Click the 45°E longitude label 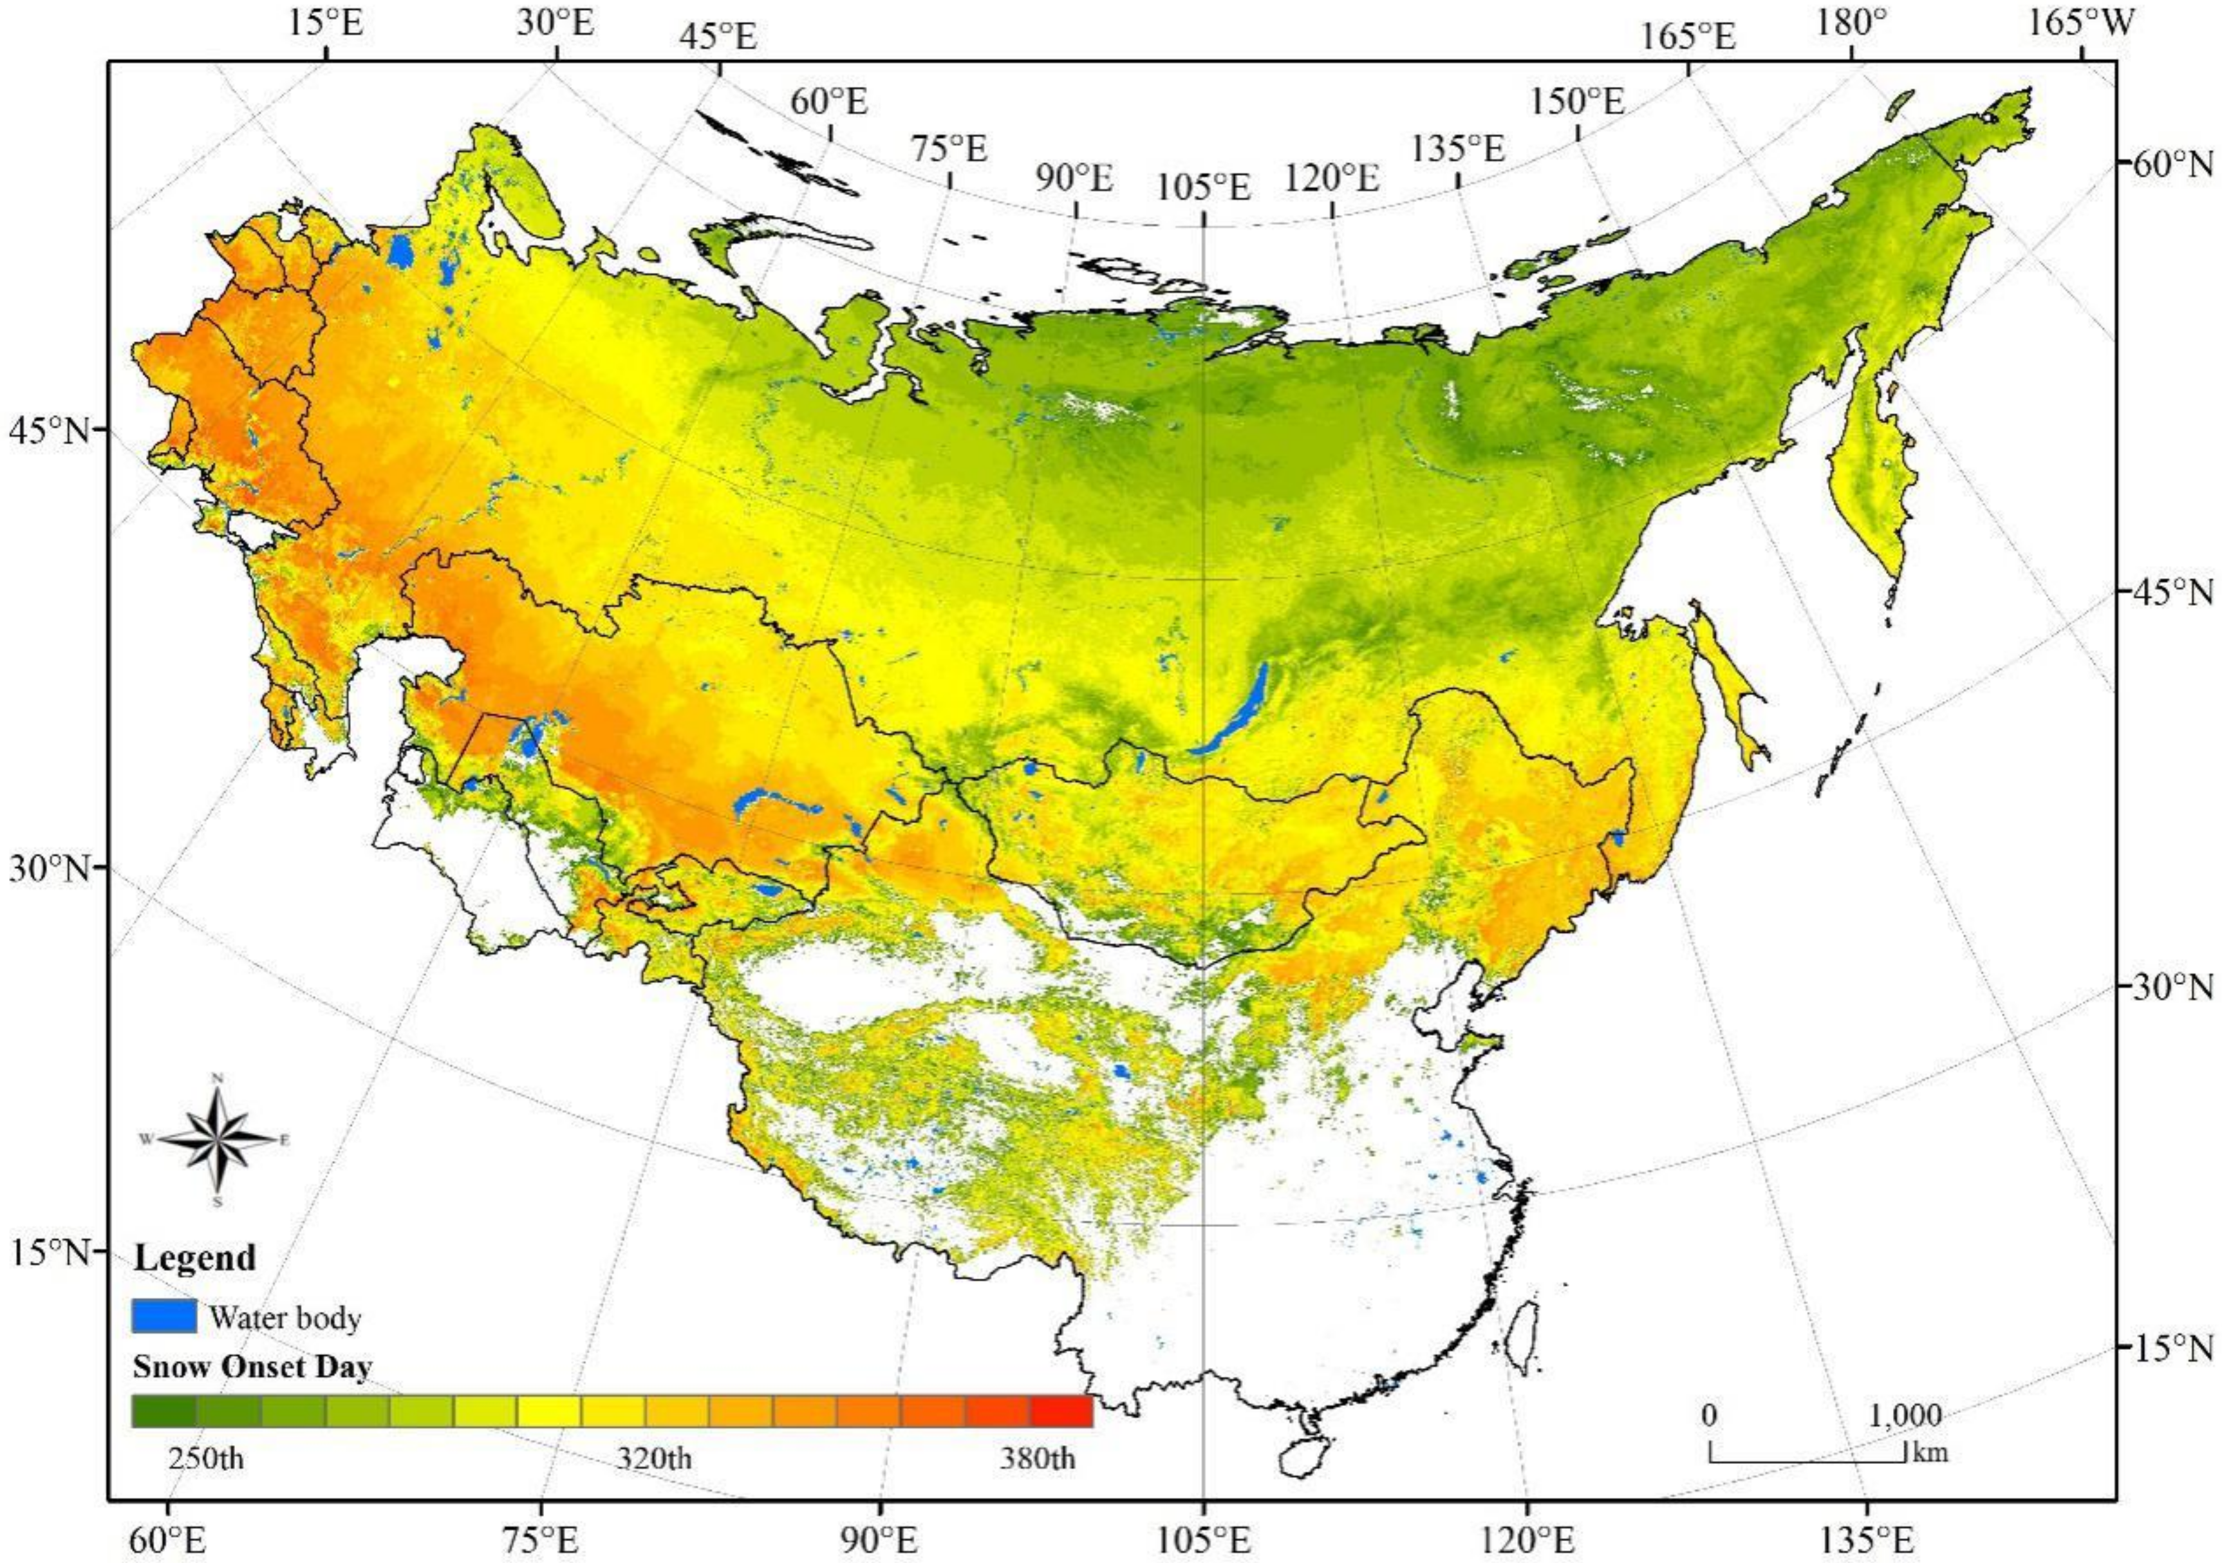pyautogui.click(x=718, y=38)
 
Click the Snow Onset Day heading pyautogui.click(x=252, y=1367)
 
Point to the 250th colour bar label pyautogui.click(x=205, y=1457)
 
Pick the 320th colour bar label pyautogui.click(x=654, y=1457)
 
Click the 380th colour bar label pyautogui.click(x=1038, y=1457)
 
